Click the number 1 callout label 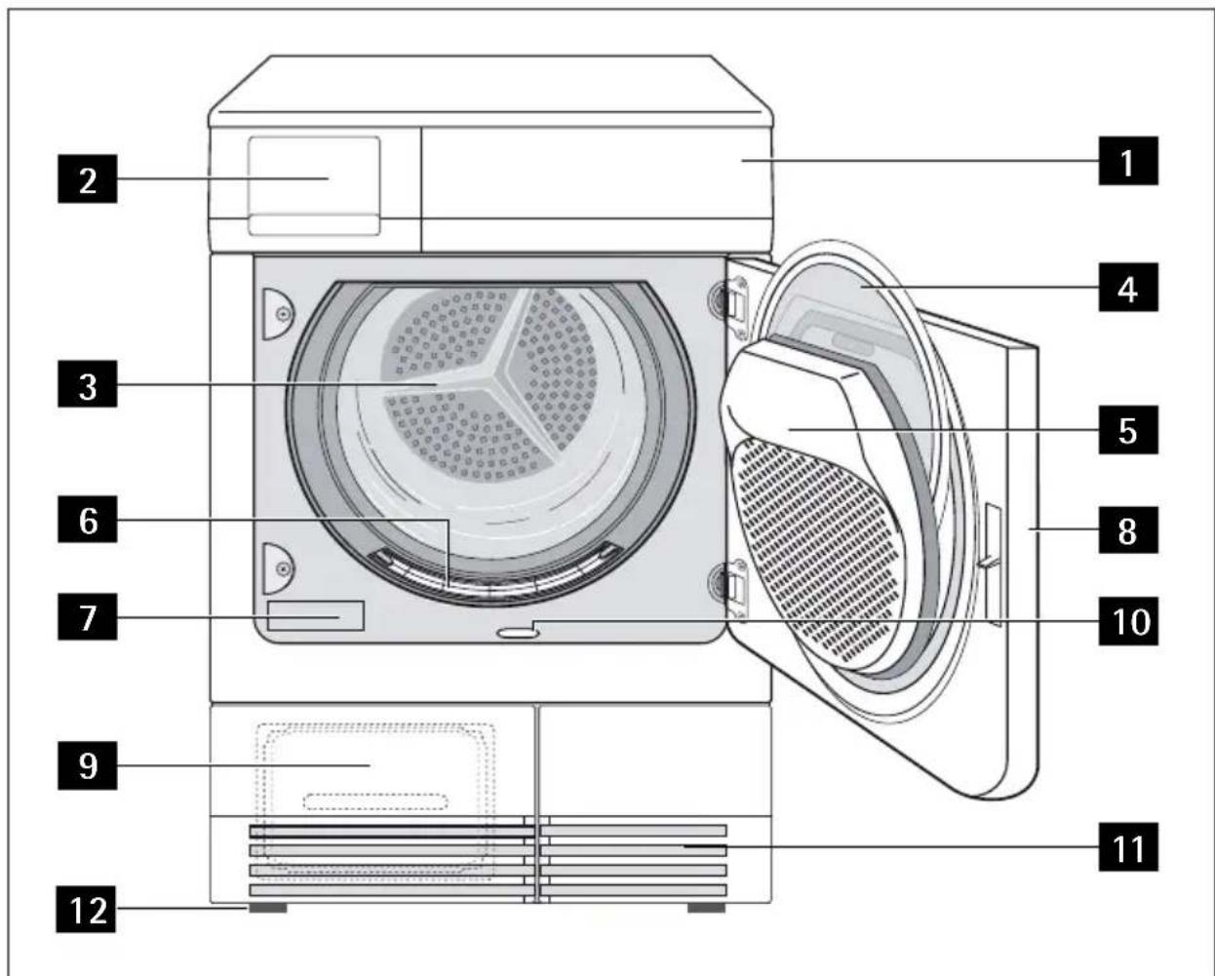1128,162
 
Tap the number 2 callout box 89,179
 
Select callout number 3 89,386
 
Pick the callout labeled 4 1128,288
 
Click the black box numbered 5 1128,429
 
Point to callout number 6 89,522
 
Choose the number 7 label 89,616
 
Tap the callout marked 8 1128,531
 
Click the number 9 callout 89,765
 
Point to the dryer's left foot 267,908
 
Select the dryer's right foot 706,908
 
